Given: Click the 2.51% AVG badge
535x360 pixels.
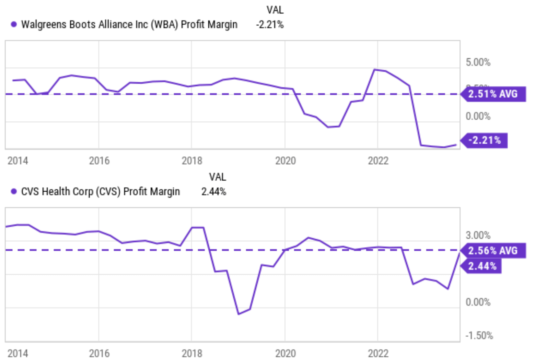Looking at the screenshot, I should tap(493, 94).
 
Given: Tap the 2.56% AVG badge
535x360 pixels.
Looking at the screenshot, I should tap(493, 251).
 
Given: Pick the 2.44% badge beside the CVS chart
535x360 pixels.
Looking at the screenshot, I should tap(482, 266).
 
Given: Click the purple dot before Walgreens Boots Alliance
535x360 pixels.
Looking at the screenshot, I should tap(14, 24).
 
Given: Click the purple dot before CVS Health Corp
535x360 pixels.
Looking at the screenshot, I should tap(14, 191).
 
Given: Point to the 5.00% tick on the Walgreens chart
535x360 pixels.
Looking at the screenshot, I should tap(478, 62).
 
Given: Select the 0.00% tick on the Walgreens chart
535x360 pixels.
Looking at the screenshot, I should tap(478, 116).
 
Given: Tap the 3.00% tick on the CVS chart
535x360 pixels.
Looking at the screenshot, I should tap(478, 235).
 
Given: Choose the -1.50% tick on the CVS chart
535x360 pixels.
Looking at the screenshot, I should tap(479, 335).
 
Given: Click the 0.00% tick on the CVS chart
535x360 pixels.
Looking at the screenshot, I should tap(478, 302).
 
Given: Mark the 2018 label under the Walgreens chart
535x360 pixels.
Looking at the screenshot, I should tap(192, 160).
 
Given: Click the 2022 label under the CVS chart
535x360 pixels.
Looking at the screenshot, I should tap(378, 353).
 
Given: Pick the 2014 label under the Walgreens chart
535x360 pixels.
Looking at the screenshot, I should tap(18, 160).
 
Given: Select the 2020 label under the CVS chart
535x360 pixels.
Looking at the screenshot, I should tap(285, 353).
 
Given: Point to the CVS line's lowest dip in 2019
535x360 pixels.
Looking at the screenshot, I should tap(239, 314).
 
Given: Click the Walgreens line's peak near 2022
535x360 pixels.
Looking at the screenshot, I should tap(375, 70).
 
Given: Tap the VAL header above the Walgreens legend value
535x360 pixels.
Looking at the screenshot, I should tap(275, 10).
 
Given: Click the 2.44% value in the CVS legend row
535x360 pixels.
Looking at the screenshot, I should tap(213, 191).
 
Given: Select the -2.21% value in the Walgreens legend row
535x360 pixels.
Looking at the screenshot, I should tap(270, 24).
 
